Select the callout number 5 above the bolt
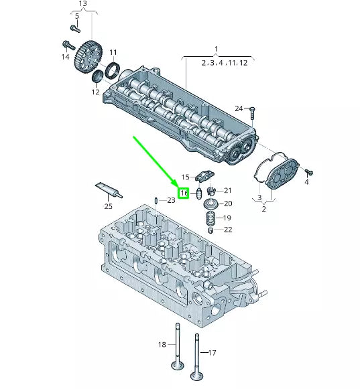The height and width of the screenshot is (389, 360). click(x=76, y=15)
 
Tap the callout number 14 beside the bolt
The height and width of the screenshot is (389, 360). click(x=65, y=57)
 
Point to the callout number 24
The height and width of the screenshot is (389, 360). click(x=239, y=108)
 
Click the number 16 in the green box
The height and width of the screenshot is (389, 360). click(x=184, y=193)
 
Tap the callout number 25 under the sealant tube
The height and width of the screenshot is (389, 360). click(x=108, y=206)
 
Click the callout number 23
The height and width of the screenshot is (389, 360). click(x=170, y=200)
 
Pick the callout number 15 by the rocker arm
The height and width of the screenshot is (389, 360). click(x=185, y=177)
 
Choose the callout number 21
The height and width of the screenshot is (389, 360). click(x=227, y=190)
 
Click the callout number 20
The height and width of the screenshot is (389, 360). click(x=227, y=204)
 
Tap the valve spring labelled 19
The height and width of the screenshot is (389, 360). click(x=210, y=218)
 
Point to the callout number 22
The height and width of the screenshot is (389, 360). click(x=228, y=230)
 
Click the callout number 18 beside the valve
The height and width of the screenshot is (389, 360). click(x=162, y=344)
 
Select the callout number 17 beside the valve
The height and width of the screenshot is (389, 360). click(x=213, y=353)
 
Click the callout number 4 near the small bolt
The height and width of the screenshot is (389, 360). click(x=307, y=181)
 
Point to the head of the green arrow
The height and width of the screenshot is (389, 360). click(x=177, y=182)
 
